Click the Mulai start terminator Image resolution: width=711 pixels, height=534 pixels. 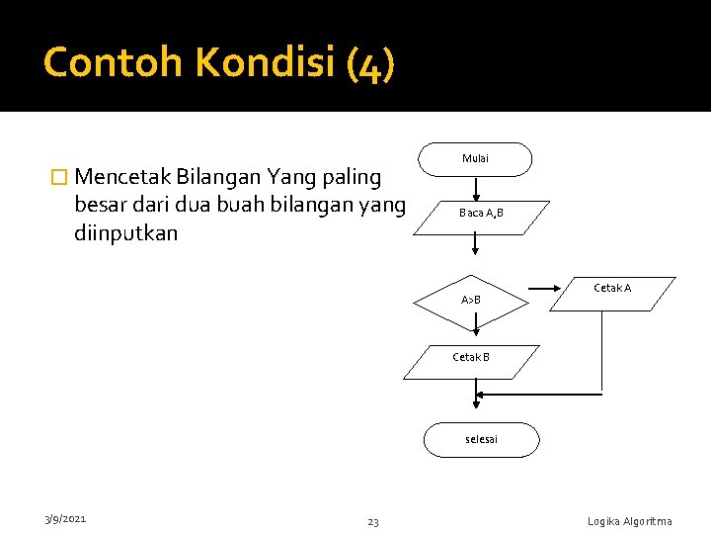pyautogui.click(x=475, y=159)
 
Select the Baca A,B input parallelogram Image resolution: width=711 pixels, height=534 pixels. pyautogui.click(x=474, y=214)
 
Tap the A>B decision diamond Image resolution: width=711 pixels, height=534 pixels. pyautogui.click(x=471, y=299)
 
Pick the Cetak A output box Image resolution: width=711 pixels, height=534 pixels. pyautogui.click(x=612, y=292)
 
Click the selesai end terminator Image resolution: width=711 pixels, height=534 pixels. pyautogui.click(x=482, y=439)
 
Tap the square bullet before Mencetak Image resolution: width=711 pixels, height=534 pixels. pyautogui.click(x=59, y=179)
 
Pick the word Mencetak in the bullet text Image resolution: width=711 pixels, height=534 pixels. pyautogui.click(x=123, y=178)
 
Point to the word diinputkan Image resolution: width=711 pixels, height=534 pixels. pyautogui.click(x=125, y=234)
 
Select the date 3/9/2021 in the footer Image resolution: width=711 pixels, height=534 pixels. pyautogui.click(x=65, y=519)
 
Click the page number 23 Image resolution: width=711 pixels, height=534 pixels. pyautogui.click(x=372, y=521)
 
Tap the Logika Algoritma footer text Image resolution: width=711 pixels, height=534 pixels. pyautogui.click(x=629, y=521)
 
